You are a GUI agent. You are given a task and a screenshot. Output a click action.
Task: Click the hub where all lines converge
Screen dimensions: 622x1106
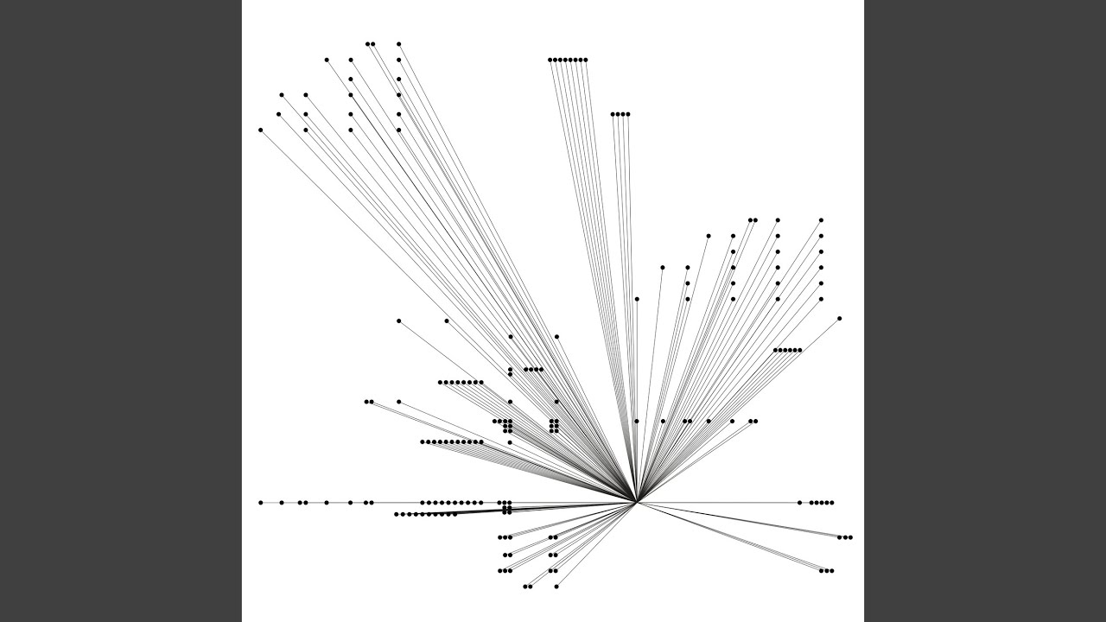coord(637,502)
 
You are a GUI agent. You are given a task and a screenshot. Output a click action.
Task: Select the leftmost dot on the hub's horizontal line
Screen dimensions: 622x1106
coord(260,502)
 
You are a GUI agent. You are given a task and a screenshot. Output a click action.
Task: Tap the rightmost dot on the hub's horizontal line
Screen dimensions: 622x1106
coord(831,502)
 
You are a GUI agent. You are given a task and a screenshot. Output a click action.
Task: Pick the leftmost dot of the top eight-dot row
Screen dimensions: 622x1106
coord(550,60)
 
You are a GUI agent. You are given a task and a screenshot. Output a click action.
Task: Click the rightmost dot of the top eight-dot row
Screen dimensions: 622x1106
coord(586,60)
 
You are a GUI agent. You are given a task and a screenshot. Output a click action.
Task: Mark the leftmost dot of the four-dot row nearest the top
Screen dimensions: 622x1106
coord(613,114)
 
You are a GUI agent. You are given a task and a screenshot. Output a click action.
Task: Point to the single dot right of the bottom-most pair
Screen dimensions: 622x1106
coord(556,587)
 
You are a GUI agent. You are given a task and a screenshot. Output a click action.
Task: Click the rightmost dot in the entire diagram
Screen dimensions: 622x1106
coord(850,537)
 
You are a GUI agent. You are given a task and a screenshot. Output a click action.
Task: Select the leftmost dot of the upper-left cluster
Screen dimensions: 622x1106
coord(260,130)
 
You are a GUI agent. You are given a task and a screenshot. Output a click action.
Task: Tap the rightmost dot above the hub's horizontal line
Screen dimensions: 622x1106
coord(840,319)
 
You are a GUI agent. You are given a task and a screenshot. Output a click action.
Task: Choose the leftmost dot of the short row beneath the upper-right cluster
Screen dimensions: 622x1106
coord(776,350)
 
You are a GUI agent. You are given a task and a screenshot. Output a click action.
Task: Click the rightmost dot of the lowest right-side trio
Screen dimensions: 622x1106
coord(831,570)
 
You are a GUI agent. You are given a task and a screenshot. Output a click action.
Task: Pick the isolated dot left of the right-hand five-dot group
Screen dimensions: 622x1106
coord(799,502)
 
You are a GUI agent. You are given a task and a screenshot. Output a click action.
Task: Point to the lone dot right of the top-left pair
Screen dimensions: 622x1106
coord(398,43)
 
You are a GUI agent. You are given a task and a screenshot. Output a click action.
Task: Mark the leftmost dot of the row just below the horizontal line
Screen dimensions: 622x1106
coord(397,514)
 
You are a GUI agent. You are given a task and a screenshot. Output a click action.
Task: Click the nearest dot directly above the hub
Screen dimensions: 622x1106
coord(637,421)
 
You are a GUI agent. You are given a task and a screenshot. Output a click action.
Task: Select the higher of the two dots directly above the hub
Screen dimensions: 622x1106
coord(637,299)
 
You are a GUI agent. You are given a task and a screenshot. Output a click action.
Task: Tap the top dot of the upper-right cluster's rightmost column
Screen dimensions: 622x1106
coord(821,220)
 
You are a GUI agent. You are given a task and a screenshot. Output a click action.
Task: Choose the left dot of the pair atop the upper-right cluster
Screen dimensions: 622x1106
coord(750,220)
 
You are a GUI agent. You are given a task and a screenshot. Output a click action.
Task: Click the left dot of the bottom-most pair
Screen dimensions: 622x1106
coord(525,587)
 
